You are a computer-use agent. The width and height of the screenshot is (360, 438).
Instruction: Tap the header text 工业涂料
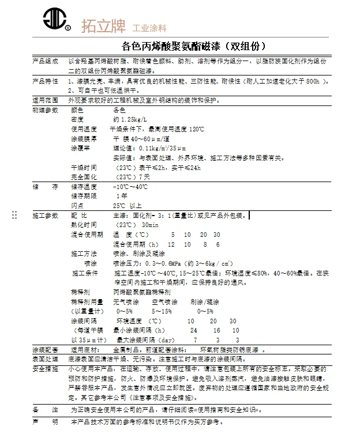(x=149, y=28)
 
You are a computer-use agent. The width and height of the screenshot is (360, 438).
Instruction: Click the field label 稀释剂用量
(x=87, y=301)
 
